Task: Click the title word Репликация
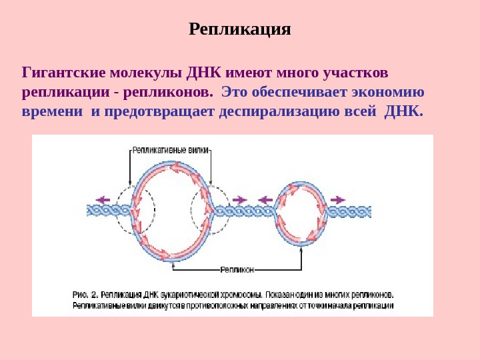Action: [240, 30]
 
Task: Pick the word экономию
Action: [387, 91]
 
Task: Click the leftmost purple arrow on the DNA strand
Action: [103, 199]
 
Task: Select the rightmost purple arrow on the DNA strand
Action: [337, 199]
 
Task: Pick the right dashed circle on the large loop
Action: [209, 209]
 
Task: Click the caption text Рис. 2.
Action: [85, 294]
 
